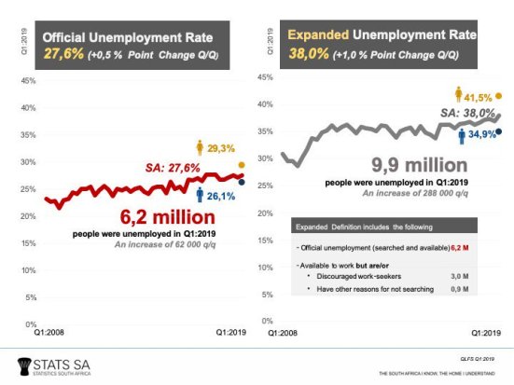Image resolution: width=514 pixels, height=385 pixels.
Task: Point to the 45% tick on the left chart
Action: pos(28,81)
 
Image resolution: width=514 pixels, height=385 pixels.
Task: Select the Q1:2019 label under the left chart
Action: pos(230,333)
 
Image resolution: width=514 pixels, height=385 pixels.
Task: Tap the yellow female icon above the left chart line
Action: pos(201,147)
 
